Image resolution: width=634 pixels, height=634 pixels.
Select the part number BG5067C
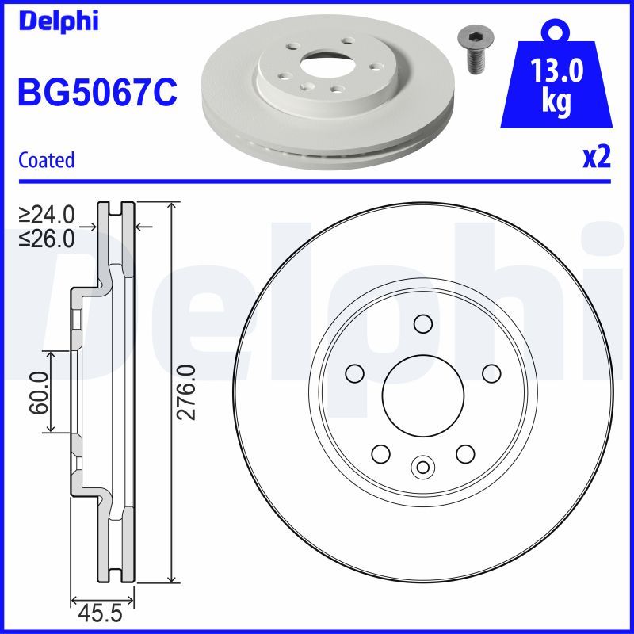pos(97,93)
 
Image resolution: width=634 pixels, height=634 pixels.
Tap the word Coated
pos(47,160)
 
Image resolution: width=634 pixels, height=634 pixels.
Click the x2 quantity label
pos(596,158)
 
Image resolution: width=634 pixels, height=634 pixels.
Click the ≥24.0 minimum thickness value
pos(47,214)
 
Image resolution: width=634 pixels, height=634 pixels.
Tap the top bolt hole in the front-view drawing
pos(422,323)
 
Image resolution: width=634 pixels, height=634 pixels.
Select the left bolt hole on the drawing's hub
pos(354,372)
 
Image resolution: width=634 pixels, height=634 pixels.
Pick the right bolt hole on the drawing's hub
pos(491,372)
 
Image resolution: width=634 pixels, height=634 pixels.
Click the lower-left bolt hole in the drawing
pos(380,453)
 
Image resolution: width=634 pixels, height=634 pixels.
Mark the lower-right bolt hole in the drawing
pos(464,453)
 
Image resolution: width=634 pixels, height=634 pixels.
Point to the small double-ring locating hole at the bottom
pos(422,467)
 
